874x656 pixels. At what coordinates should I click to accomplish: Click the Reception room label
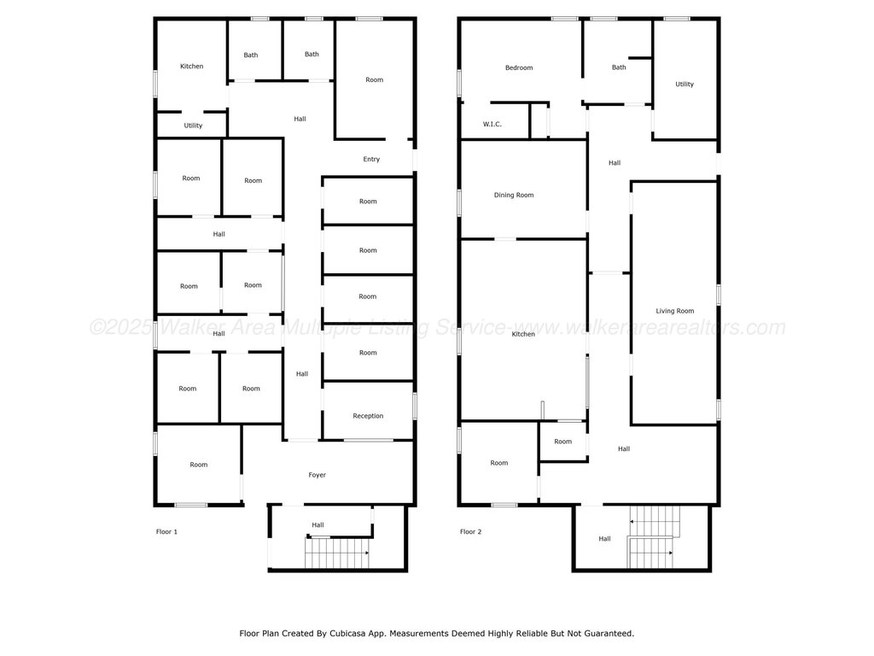[x=368, y=416]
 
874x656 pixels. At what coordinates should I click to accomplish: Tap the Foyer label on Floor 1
[x=318, y=475]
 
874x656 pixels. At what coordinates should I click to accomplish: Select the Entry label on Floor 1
[x=371, y=159]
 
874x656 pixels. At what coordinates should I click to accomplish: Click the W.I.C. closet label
[x=492, y=124]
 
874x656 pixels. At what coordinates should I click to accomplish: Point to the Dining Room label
[x=514, y=195]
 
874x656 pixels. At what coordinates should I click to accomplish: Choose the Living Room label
[x=675, y=311]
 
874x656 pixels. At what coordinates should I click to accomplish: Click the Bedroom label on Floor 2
[x=519, y=67]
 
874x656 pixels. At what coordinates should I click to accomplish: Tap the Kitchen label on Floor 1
[x=192, y=66]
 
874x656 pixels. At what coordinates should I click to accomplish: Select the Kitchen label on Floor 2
[x=523, y=334]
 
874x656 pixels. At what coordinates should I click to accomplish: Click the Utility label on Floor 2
[x=685, y=85]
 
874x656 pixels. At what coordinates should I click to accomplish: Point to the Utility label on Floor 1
[x=194, y=126]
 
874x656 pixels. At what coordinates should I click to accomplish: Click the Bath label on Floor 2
[x=619, y=67]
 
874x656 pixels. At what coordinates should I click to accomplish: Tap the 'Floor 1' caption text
[x=166, y=531]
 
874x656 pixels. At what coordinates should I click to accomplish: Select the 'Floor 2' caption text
[x=471, y=531]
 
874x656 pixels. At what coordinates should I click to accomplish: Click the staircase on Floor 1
[x=337, y=553]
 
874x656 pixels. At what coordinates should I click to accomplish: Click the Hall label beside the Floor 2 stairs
[x=605, y=539]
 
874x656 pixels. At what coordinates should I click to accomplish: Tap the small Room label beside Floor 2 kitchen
[x=563, y=442]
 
